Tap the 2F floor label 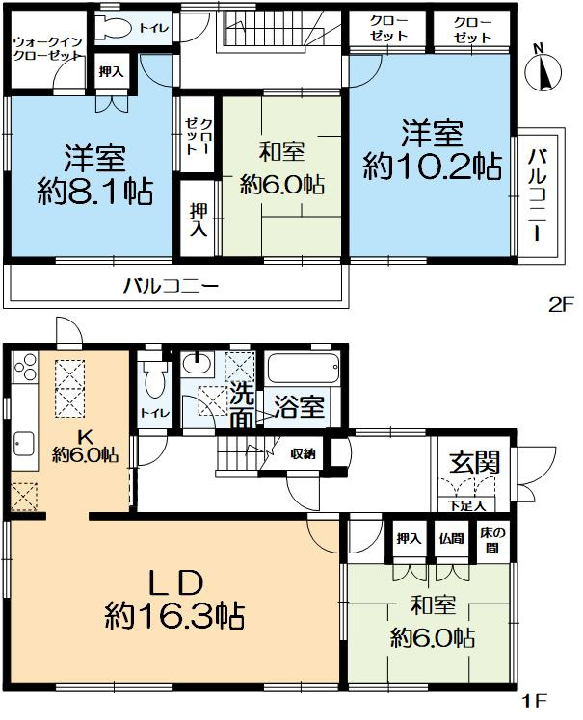pyautogui.click(x=561, y=306)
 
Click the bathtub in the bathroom pyautogui.click(x=302, y=369)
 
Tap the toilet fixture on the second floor pyautogui.click(x=118, y=30)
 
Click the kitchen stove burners pyautogui.click(x=26, y=371)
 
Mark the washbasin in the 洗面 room pyautogui.click(x=199, y=366)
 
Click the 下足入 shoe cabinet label pyautogui.click(x=460, y=505)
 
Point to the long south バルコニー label pyautogui.click(x=171, y=286)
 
